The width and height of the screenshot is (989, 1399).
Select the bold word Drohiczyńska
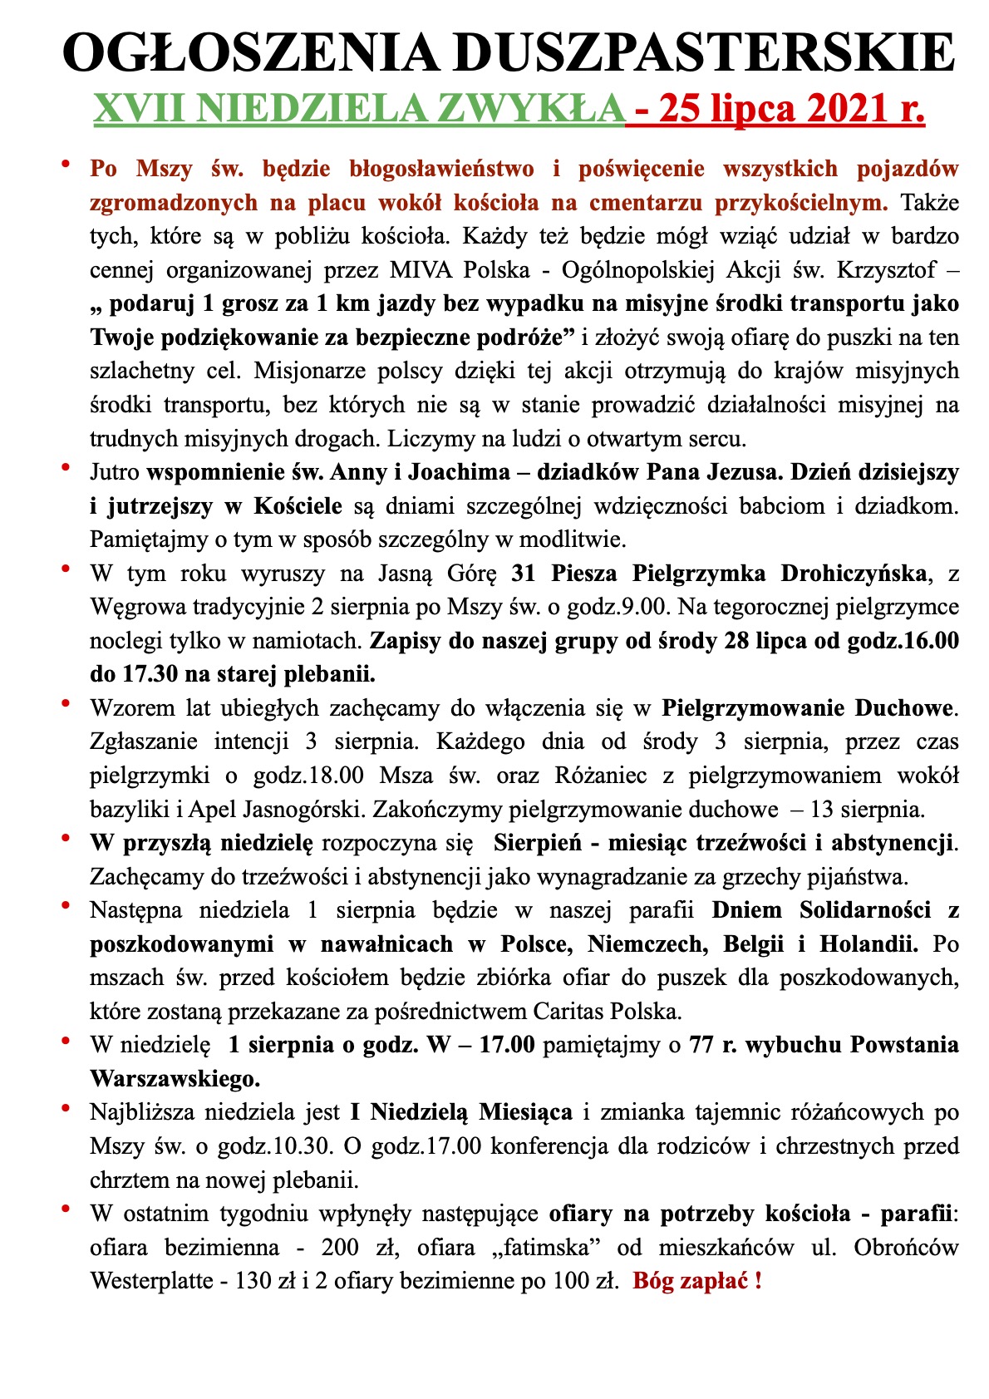(x=853, y=574)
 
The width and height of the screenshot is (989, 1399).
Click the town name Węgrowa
(x=138, y=607)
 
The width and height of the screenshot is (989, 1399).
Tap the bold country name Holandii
(x=869, y=944)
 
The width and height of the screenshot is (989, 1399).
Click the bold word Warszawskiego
(x=175, y=1079)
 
